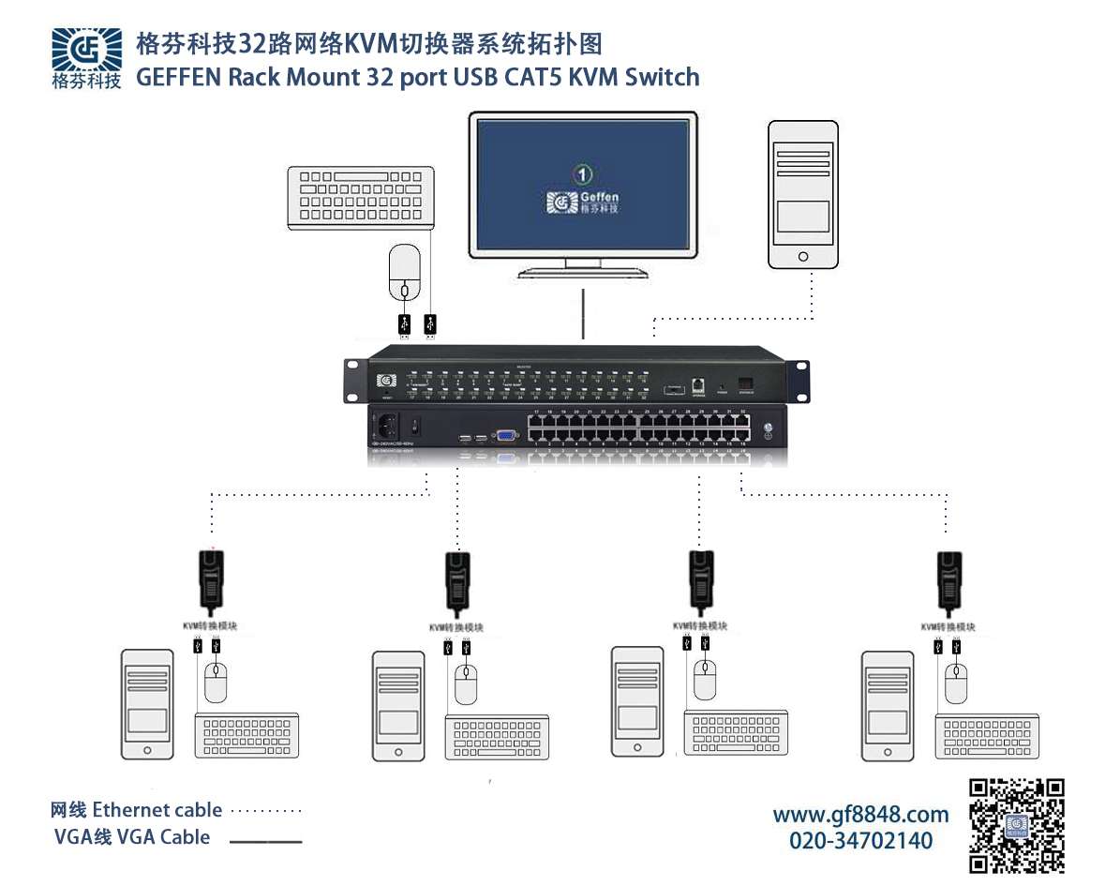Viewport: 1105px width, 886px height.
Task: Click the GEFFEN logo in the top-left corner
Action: click(x=86, y=57)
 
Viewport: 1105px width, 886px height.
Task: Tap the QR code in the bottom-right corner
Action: click(x=1016, y=825)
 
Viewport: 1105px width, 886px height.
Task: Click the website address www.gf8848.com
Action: click(x=860, y=814)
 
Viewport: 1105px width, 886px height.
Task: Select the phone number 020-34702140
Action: click(x=860, y=840)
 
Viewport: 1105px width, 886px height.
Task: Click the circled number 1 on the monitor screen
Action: click(x=583, y=174)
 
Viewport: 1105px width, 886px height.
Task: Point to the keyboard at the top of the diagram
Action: click(x=360, y=196)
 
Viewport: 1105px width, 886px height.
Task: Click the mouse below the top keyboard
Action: click(x=404, y=273)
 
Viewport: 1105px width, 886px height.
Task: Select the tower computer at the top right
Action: click(x=801, y=194)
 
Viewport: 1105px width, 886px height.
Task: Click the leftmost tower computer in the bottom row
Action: click(x=148, y=703)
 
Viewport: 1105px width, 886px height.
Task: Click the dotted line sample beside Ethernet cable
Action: click(x=266, y=811)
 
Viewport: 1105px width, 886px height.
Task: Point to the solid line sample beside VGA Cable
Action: click(x=266, y=841)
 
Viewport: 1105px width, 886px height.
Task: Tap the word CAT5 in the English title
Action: click(x=537, y=77)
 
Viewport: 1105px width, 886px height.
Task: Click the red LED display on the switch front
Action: click(x=746, y=383)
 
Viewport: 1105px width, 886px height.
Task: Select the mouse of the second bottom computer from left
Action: click(x=466, y=684)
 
